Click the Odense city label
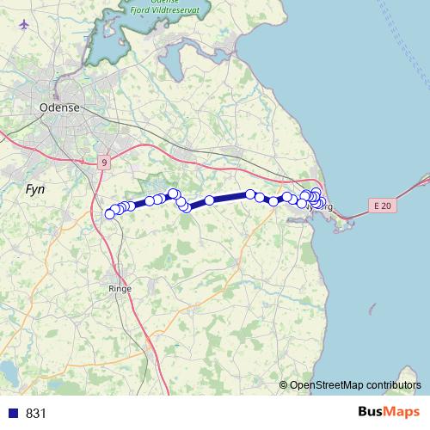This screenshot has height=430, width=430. tap(59, 107)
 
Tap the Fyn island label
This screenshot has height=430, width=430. tap(35, 188)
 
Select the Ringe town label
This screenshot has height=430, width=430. tap(120, 288)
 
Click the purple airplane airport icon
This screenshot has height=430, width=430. tap(22, 23)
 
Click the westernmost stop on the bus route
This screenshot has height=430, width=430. tap(109, 213)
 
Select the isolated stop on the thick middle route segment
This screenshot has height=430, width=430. tap(209, 200)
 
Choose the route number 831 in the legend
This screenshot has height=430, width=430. tap(36, 413)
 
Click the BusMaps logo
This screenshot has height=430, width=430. tap(386, 413)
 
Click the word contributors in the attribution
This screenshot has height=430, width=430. tap(393, 384)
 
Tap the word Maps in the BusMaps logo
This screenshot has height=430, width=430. tap(399, 413)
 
